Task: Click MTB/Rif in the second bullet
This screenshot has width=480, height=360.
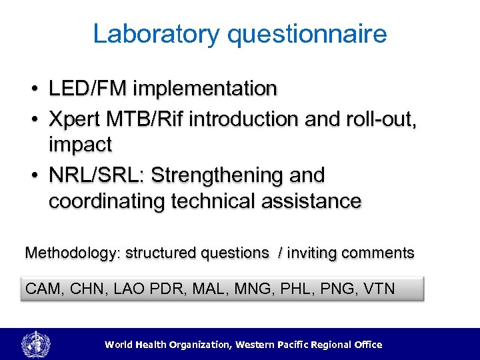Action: point(145,119)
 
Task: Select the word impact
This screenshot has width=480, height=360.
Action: point(80,145)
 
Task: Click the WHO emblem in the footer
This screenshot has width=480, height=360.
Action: point(35,345)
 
